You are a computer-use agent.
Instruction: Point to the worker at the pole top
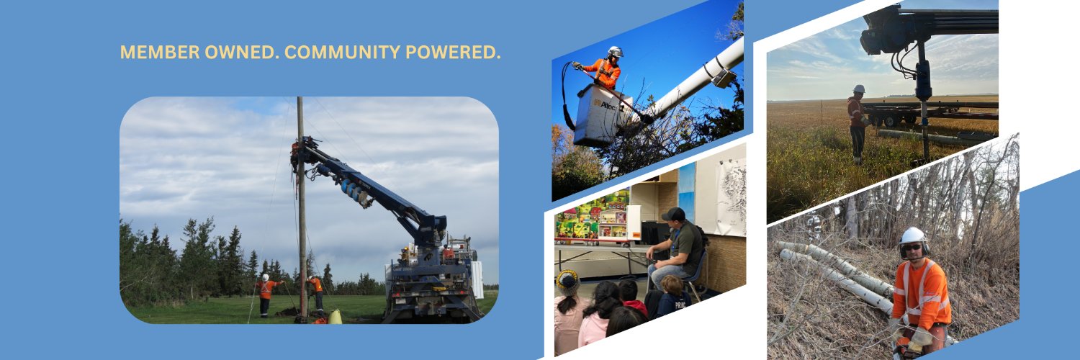(294, 151)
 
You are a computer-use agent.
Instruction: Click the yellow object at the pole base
(335, 316)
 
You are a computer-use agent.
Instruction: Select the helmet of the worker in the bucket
(615, 52)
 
